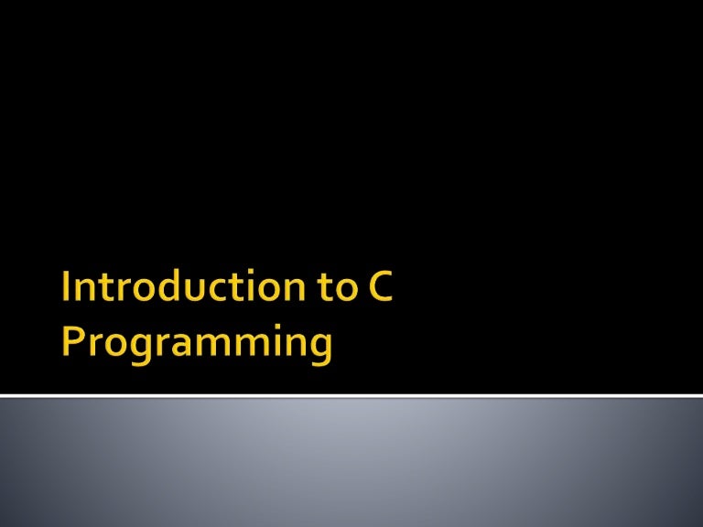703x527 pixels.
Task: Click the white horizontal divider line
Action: (x=351, y=396)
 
